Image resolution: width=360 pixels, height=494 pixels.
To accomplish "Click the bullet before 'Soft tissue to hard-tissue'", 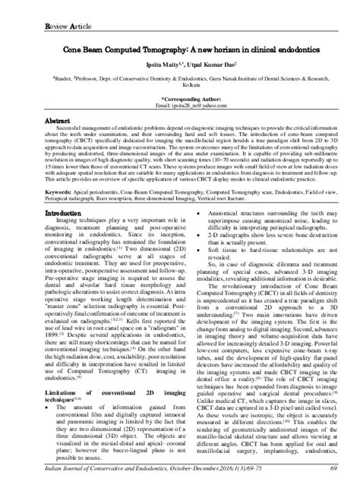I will pos(191,271).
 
